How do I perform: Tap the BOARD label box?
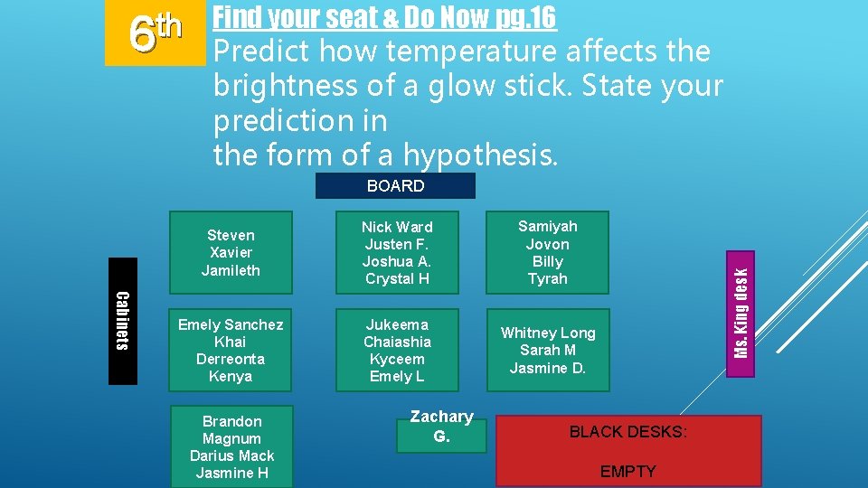tap(395, 186)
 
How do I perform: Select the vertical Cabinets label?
tap(123, 321)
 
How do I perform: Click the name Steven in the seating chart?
tap(231, 235)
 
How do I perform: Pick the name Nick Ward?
tap(397, 227)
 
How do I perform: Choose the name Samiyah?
tap(547, 226)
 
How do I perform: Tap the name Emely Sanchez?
tap(231, 324)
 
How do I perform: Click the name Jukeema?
tap(397, 324)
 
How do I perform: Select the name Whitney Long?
tap(548, 333)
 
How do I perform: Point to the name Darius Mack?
tap(231, 455)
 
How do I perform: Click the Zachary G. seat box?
tap(441, 426)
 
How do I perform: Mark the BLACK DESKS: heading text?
tap(627, 432)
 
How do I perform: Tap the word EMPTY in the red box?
tap(627, 471)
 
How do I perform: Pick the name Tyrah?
tap(547, 278)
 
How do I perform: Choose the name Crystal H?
tap(397, 278)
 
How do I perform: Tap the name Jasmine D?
tap(548, 367)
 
